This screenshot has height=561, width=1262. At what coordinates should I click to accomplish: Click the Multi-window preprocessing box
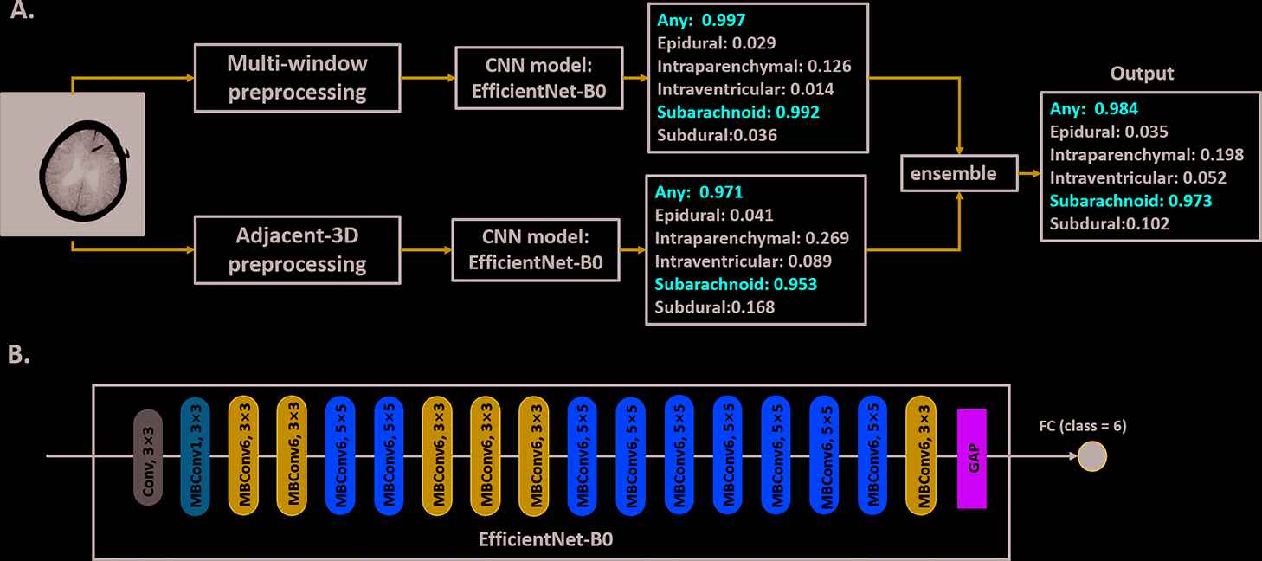[x=298, y=78]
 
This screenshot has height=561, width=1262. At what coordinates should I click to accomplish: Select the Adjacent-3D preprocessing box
[x=297, y=250]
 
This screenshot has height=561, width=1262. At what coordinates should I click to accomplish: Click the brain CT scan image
[x=72, y=164]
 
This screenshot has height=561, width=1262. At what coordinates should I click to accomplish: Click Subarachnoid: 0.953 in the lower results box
[x=736, y=284]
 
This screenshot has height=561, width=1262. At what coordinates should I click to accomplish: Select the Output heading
[x=1118, y=74]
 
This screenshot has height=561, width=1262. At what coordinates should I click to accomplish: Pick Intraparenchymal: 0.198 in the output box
[x=1147, y=155]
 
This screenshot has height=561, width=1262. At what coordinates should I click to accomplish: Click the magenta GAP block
[x=972, y=458]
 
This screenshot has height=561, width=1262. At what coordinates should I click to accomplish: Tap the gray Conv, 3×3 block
[x=148, y=457]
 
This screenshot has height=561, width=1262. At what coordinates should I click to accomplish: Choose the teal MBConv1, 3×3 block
[x=196, y=457]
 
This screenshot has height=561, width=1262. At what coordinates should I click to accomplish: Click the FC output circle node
[x=1092, y=456]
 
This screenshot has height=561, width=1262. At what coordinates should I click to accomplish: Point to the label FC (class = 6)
[x=1083, y=426]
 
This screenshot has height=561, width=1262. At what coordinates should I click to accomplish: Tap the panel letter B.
[x=18, y=356]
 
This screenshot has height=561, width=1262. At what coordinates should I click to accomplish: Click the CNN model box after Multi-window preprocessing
[x=539, y=78]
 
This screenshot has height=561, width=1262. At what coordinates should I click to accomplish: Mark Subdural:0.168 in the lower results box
[x=714, y=307]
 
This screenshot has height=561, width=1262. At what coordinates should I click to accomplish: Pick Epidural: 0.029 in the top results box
[x=717, y=42]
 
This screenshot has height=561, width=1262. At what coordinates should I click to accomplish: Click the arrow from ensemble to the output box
[x=1029, y=174]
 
